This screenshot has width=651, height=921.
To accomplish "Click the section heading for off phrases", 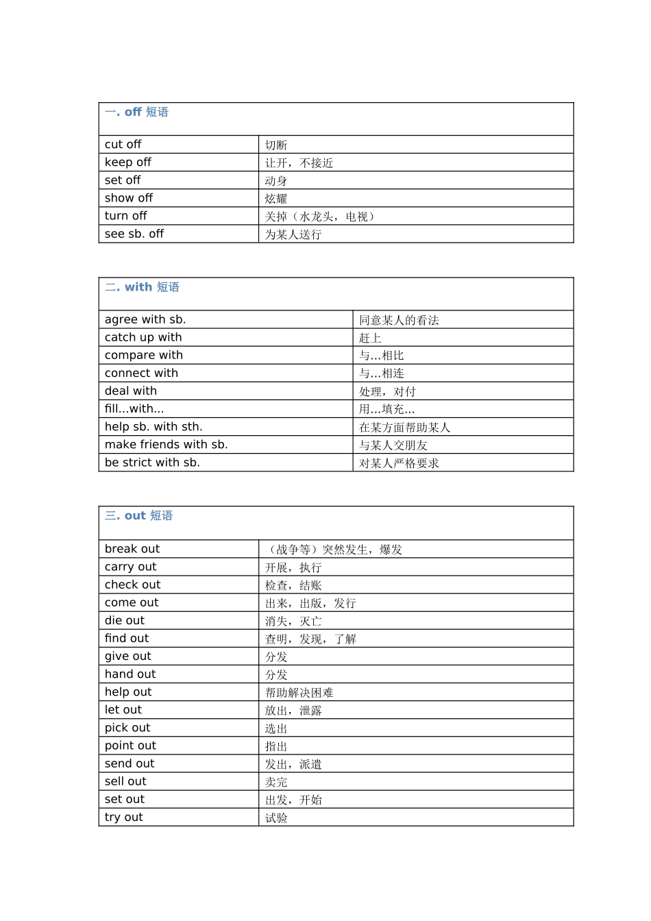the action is (136, 112).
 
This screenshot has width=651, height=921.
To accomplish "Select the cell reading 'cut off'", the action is (123, 145).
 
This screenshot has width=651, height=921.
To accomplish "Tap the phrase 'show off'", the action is (129, 198).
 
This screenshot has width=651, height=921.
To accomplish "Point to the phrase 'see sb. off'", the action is (134, 234).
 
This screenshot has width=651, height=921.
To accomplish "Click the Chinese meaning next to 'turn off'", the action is (320, 217).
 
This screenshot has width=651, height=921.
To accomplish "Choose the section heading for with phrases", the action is (142, 287).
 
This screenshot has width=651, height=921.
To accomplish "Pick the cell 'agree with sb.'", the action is (145, 319).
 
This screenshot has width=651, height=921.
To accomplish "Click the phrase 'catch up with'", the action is (143, 337).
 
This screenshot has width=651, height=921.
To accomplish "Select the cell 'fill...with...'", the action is (134, 409).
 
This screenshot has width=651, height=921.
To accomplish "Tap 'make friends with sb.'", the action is (167, 445).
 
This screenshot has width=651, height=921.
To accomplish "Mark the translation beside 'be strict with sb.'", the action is (399, 463).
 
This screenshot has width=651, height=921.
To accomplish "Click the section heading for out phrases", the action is (138, 516).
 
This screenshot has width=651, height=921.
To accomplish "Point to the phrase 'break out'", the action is (132, 549).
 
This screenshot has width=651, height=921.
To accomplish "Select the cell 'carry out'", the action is (130, 567).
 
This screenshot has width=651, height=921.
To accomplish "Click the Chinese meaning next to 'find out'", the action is (310, 639).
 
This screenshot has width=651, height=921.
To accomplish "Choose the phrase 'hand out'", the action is (130, 674).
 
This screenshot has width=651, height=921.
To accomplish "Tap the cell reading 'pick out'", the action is (127, 728).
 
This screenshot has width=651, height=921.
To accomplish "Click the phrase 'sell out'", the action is (125, 781).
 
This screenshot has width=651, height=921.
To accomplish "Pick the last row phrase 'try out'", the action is (124, 817).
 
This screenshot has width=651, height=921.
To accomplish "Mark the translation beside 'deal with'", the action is (387, 392).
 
